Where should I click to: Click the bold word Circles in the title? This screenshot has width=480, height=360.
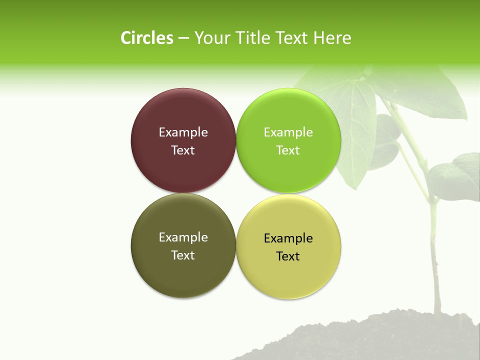[x=147, y=38]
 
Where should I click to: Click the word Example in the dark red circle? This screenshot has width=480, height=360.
[x=183, y=132]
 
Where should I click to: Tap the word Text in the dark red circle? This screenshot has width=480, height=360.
[x=183, y=150]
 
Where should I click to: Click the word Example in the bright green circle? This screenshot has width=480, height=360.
[x=288, y=132]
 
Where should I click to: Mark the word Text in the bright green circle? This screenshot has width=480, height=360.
[x=288, y=150]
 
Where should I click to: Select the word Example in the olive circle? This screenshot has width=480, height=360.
[x=183, y=237]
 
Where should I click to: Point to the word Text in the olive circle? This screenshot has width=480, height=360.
[x=183, y=255]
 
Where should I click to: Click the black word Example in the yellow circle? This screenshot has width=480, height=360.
[x=288, y=238]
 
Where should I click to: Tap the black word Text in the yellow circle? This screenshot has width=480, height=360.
[x=288, y=256]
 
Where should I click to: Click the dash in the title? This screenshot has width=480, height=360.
[x=183, y=38]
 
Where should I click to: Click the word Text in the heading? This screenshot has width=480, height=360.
[x=293, y=38]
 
